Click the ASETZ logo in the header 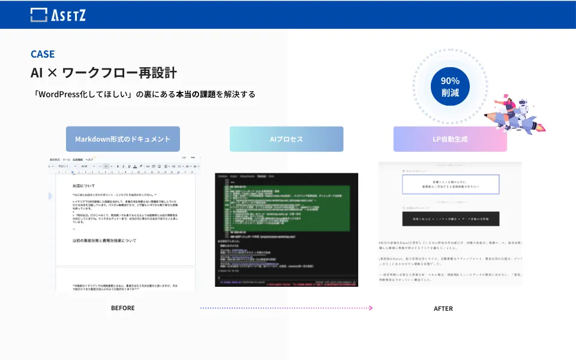point(58,14)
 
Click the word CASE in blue point(43,54)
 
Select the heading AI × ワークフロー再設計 point(104,73)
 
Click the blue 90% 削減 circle point(450,86)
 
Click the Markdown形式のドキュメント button point(123,139)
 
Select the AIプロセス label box point(286,139)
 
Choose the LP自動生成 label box point(450,139)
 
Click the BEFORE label point(123,308)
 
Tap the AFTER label point(443,308)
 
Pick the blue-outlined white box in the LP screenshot point(450,184)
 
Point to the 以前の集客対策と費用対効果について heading point(104,240)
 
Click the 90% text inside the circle point(450,80)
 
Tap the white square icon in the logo point(39,15)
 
